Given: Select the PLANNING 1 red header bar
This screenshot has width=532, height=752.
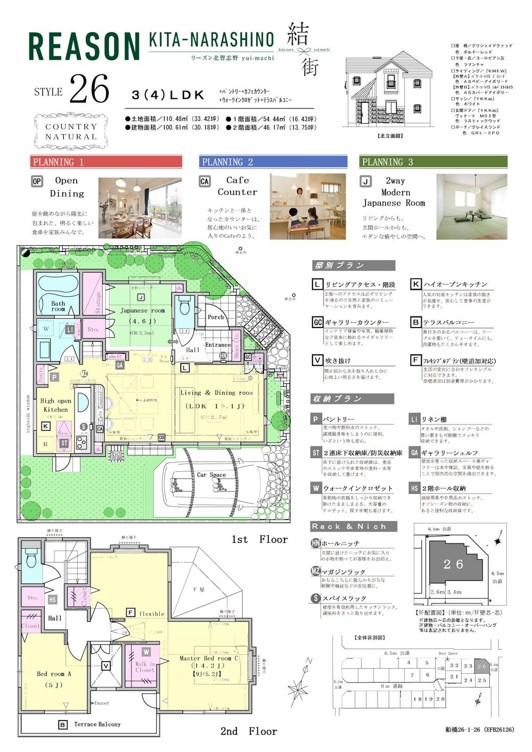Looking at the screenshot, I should point(106,162).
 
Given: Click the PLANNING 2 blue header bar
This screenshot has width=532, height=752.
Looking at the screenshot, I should point(273,162).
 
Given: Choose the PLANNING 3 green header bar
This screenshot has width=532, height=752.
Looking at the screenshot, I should point(433,162).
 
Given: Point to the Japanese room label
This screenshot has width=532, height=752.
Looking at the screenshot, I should point(142,311).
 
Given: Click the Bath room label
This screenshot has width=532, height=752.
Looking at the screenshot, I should point(58,306).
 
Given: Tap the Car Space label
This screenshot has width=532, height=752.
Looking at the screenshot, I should point(211,475).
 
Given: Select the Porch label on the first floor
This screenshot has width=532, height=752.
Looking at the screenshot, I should point(216,317).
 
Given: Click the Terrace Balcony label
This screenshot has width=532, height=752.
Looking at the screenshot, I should point(97,724).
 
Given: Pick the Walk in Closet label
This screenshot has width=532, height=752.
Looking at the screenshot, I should point(144,667).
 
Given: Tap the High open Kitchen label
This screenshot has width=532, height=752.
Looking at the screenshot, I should point(55,405).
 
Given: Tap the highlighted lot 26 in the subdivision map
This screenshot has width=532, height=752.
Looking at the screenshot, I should point(481,666).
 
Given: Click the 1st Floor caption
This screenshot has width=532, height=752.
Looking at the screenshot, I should point(259,539).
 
